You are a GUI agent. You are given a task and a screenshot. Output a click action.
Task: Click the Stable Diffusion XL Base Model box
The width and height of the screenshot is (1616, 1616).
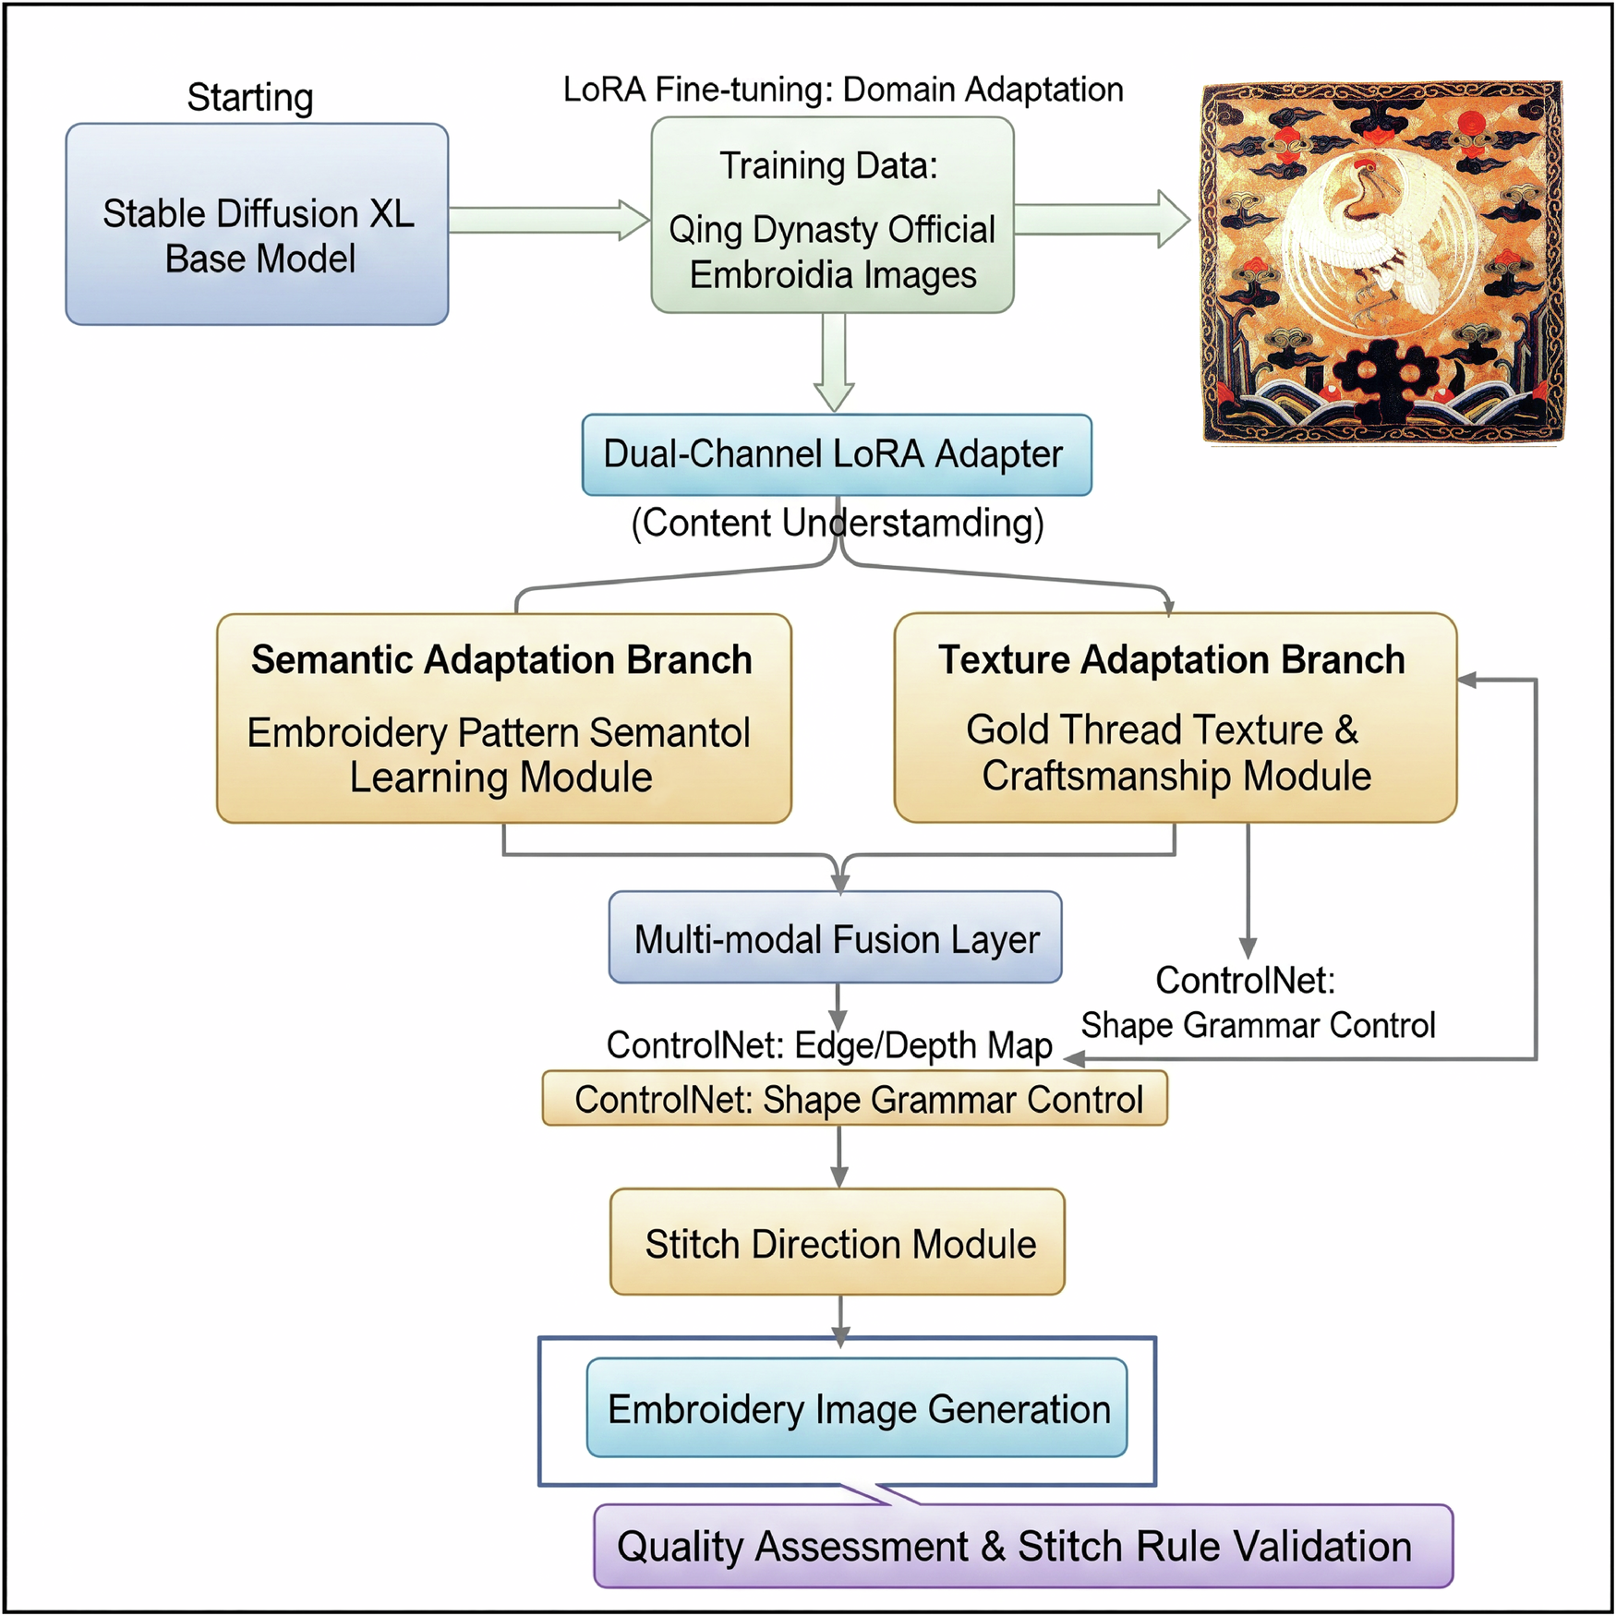257,224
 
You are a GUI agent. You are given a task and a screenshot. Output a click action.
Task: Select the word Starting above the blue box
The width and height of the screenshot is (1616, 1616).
249,97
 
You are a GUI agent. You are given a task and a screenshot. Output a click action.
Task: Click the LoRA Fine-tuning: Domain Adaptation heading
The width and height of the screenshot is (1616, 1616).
842,90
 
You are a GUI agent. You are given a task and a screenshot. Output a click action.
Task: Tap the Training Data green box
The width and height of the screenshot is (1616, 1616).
831,215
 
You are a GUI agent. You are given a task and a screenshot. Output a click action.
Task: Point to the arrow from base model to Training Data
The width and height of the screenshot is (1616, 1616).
549,220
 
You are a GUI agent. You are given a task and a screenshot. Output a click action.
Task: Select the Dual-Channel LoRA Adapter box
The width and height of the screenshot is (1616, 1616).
836,454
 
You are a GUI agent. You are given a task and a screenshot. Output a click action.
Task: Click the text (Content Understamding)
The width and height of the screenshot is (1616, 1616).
837,523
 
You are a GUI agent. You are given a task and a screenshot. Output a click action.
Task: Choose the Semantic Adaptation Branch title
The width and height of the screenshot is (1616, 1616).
501,660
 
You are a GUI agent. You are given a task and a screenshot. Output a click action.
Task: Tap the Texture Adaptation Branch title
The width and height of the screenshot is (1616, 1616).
1171,660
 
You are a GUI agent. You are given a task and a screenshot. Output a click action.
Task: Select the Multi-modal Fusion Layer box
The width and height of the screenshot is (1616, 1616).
835,937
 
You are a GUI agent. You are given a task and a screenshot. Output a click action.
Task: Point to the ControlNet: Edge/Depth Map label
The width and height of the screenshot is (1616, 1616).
828,1044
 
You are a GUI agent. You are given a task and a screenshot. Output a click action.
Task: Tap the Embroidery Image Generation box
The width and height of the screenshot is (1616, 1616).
856,1407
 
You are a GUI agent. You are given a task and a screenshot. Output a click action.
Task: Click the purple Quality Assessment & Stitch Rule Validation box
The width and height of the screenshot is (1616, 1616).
1021,1546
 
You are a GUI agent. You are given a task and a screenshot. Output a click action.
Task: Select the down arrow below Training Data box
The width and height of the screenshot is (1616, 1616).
834,365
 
